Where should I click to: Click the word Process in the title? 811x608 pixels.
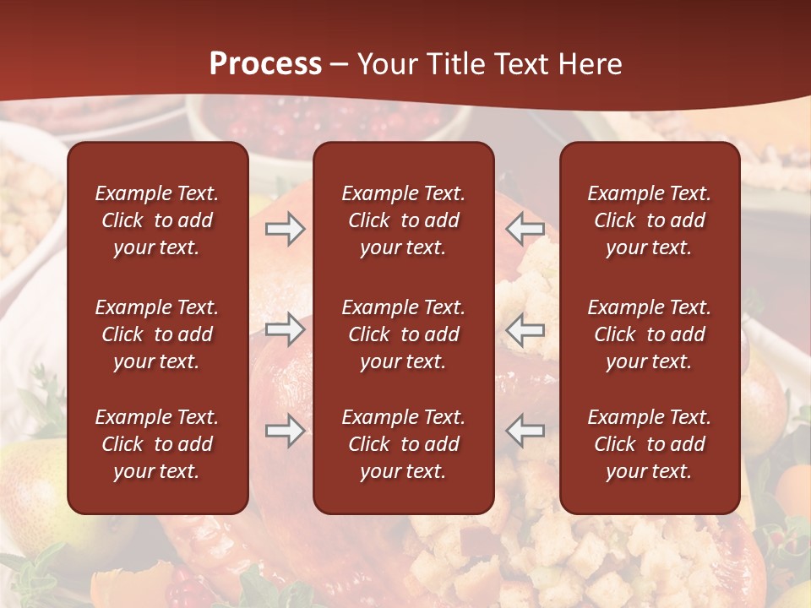[x=265, y=64]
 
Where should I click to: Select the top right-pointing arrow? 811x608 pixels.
[x=286, y=229]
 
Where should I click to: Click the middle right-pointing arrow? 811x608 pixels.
[x=286, y=329]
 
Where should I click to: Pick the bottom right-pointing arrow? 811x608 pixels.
[x=286, y=431]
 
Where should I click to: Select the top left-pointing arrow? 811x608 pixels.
[x=525, y=229]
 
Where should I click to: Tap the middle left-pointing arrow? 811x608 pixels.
[x=525, y=329]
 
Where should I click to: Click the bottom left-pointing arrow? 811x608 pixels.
[x=525, y=431]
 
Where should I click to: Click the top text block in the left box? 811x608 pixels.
[x=157, y=220]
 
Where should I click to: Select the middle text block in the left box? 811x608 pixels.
[x=157, y=334]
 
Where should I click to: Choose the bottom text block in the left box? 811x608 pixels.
[x=157, y=444]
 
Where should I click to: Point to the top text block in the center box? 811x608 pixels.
[x=403, y=220]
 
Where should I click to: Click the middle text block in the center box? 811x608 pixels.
[x=403, y=334]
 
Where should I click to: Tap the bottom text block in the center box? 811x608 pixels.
[x=403, y=444]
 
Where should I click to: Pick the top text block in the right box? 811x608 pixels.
[x=649, y=220]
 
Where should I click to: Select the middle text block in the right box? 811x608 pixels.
[x=649, y=334]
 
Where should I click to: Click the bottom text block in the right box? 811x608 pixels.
[x=649, y=444]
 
